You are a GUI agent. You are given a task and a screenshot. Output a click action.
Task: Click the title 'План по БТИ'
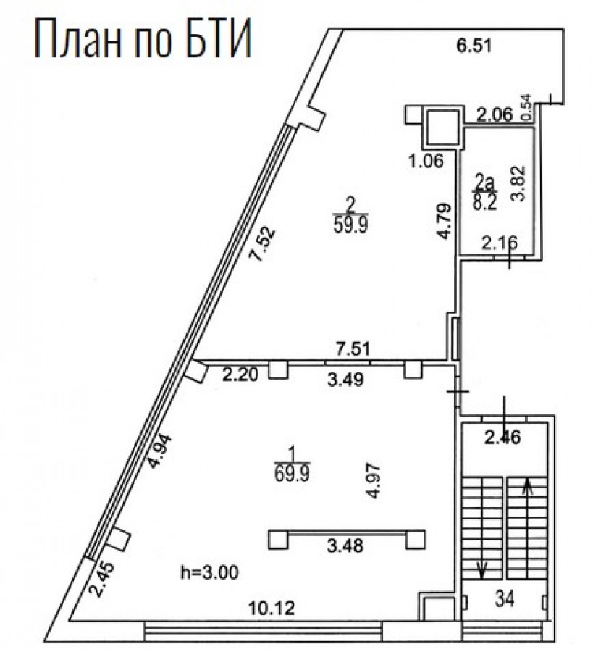coord(143,38)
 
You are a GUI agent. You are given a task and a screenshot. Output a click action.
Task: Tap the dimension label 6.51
coord(474,46)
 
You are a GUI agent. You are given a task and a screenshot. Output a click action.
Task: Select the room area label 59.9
coord(351,225)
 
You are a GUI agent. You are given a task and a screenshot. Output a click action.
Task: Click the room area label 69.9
coord(292,473)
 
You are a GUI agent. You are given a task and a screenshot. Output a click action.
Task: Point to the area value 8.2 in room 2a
coord(484,203)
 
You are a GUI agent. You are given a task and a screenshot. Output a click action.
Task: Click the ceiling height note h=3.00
coord(209,572)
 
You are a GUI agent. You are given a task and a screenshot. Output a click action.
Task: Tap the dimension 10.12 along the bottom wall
coord(272,609)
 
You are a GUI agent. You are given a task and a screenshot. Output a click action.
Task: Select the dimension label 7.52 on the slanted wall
coord(262,243)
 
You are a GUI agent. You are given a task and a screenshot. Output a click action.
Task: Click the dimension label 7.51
coord(353,348)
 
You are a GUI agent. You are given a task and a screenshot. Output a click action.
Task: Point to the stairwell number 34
coord(505,599)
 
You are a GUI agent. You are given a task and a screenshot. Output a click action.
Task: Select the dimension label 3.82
coord(519,183)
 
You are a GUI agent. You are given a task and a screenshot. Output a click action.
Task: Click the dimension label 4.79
coord(444,220)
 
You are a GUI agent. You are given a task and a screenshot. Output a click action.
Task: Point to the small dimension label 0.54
coord(526,107)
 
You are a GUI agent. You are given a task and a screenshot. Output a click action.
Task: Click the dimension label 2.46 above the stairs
coord(503,437)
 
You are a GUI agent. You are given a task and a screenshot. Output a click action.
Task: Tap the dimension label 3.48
coord(345,546)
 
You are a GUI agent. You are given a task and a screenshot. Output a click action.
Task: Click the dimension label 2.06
coord(495,114)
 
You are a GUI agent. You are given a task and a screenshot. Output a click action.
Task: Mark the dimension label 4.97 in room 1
coord(374,481)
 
